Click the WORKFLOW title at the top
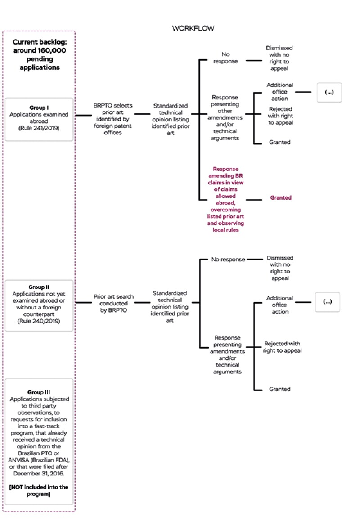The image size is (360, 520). [193, 28]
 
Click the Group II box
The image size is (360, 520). [39, 305]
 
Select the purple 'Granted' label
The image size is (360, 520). [280, 198]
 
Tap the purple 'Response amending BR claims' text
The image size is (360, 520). [225, 199]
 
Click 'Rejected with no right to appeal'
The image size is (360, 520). [280, 116]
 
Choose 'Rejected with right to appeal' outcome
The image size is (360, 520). [282, 347]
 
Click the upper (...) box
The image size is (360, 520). [329, 92]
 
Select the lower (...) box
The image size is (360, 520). [327, 302]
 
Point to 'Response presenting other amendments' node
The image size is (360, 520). [225, 118]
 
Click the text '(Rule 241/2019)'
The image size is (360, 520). [39, 128]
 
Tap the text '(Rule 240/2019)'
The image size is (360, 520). [39, 322]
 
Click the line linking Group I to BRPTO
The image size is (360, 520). [83, 115]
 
